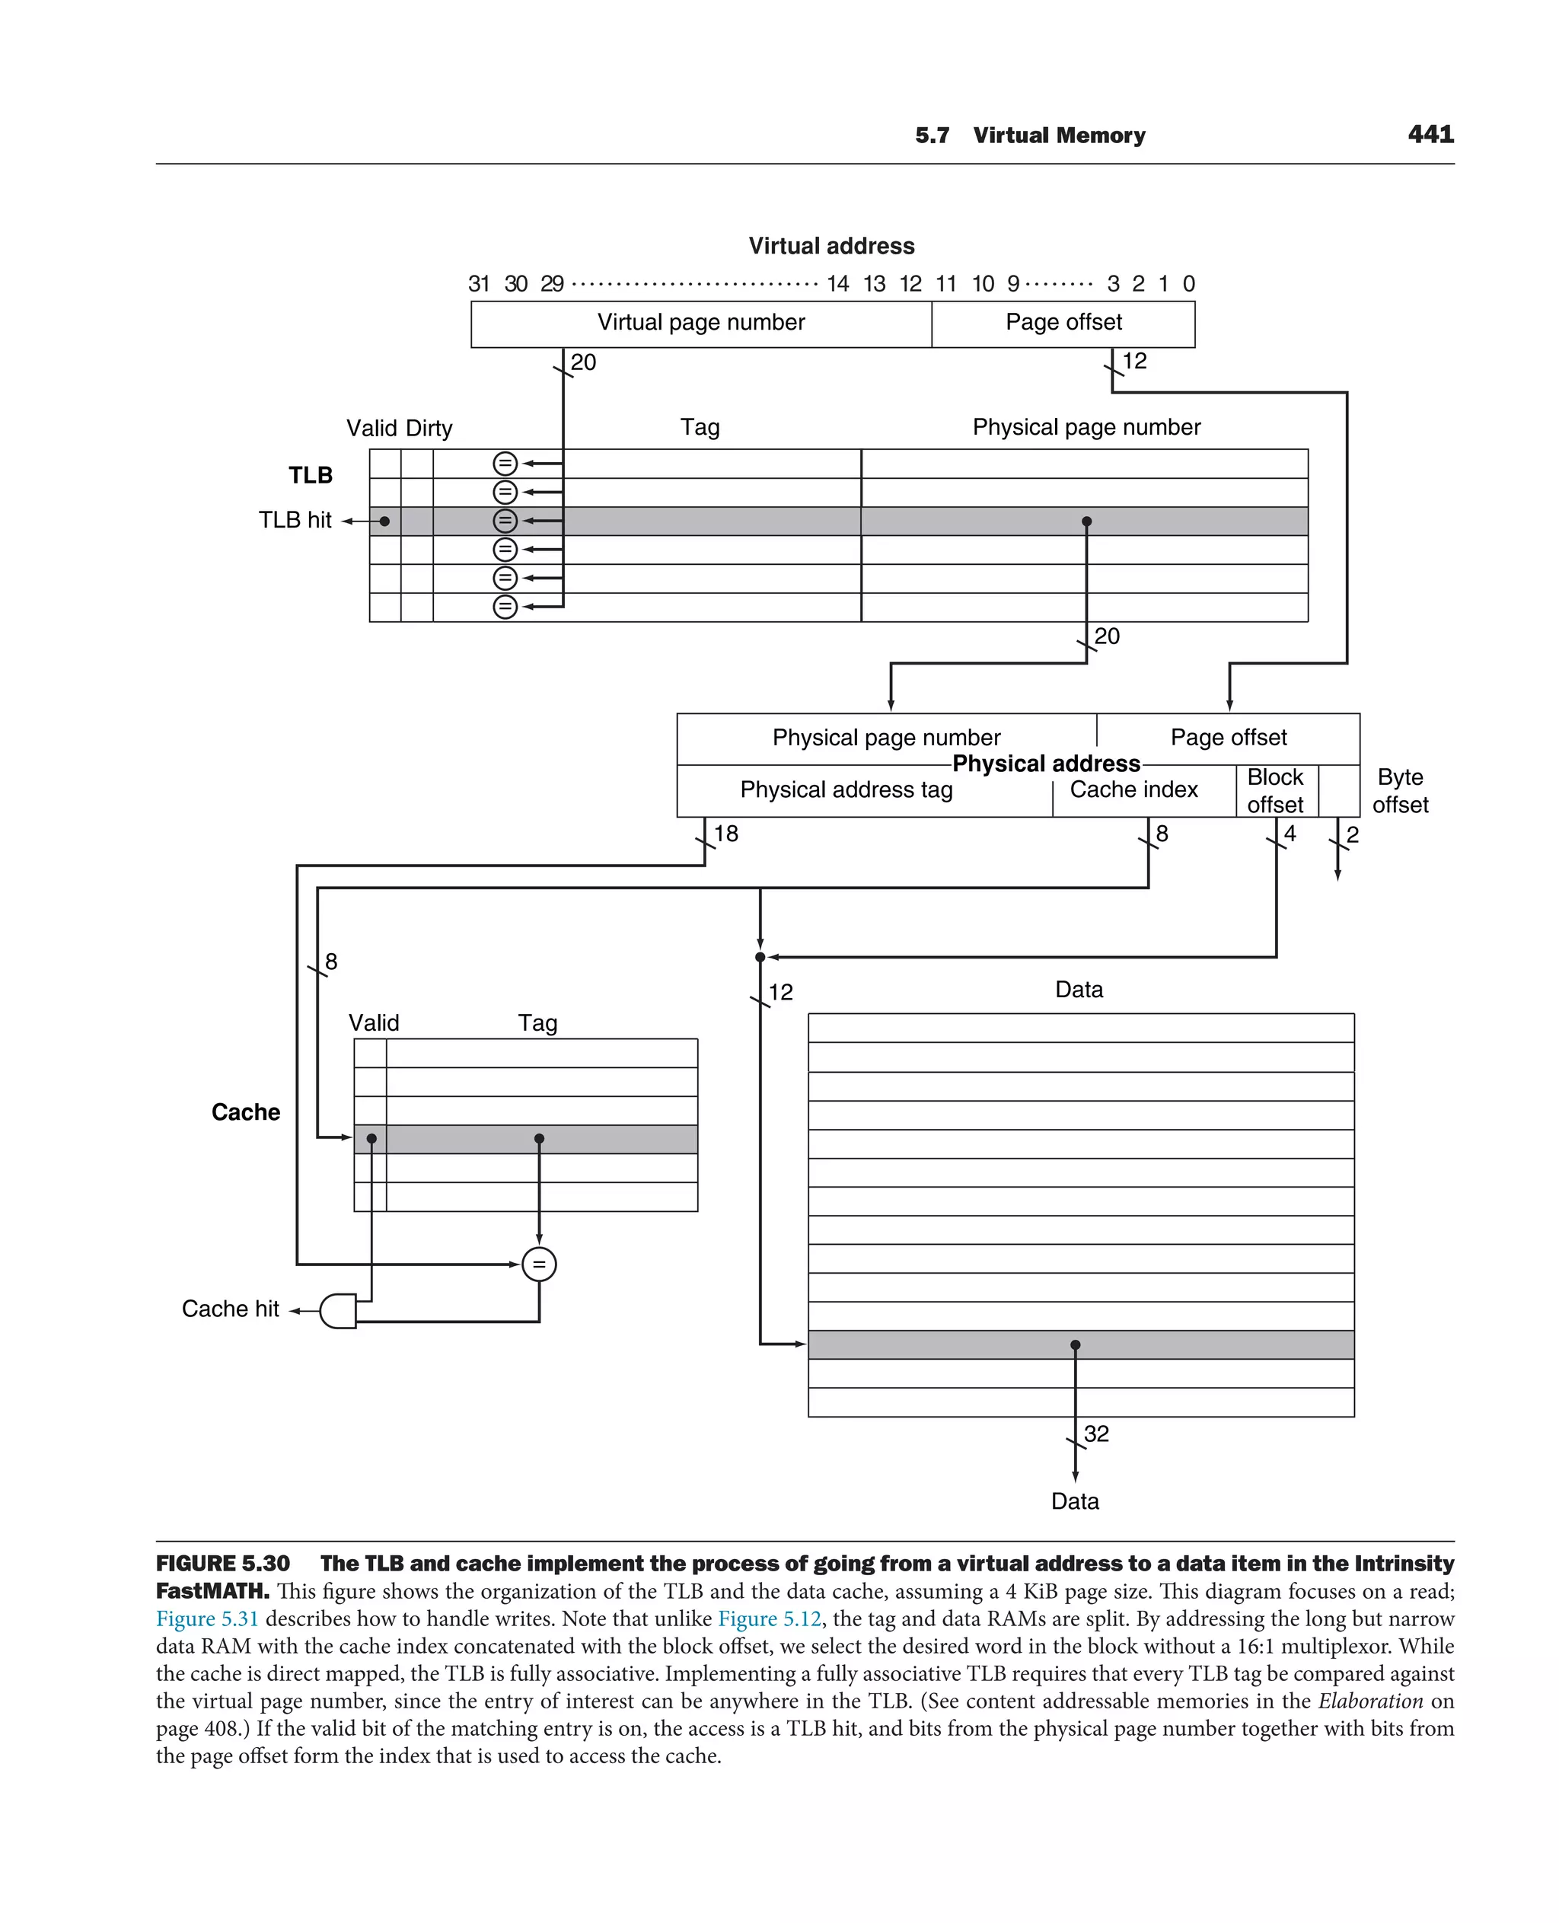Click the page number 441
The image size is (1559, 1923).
(x=1430, y=135)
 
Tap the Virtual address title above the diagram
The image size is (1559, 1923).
(x=831, y=246)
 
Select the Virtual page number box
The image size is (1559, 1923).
(x=700, y=324)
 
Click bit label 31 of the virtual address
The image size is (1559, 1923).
(x=479, y=285)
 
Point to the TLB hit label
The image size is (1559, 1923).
(x=295, y=520)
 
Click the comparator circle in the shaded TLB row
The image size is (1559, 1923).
(x=505, y=521)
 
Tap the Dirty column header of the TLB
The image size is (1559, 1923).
(x=429, y=429)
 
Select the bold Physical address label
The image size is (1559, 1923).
(x=1045, y=764)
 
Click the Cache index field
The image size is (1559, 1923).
(x=1133, y=789)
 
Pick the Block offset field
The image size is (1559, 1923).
(x=1274, y=790)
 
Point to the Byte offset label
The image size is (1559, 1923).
(x=1399, y=790)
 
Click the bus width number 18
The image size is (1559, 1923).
(x=725, y=834)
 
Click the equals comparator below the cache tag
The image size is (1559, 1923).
(x=539, y=1264)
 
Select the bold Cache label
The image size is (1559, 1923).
(x=245, y=1112)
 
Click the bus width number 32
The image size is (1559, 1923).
(x=1095, y=1433)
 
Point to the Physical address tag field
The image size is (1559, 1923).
(x=845, y=789)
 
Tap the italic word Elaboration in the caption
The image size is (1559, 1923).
(x=1369, y=1701)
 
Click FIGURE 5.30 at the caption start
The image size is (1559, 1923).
(x=223, y=1564)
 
